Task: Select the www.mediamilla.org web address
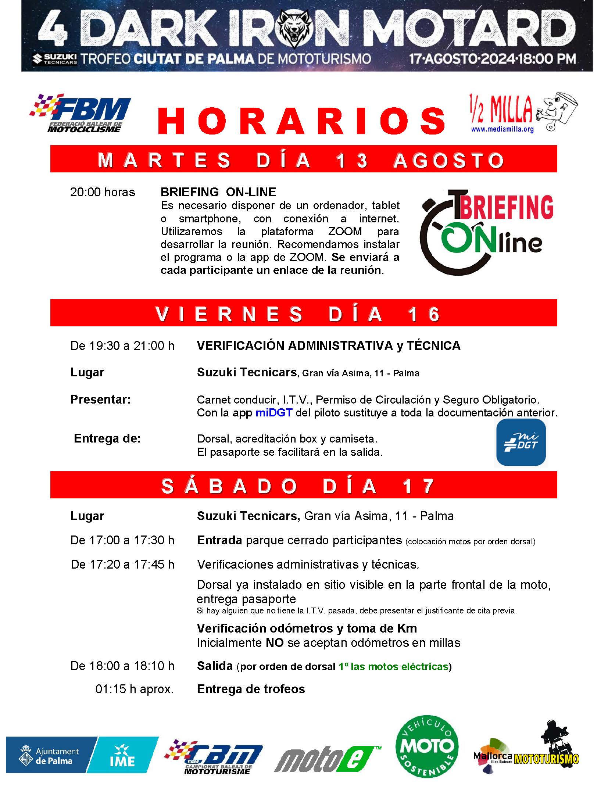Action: (502, 129)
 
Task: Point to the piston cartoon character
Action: (556, 110)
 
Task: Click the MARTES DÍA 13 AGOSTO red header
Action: (303, 159)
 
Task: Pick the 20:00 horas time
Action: (103, 192)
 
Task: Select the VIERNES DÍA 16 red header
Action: (303, 313)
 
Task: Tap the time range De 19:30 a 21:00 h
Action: (122, 346)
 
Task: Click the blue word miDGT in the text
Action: (274, 413)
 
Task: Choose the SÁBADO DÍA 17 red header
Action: (303, 485)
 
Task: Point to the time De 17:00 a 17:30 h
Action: (122, 540)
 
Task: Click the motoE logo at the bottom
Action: (327, 753)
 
